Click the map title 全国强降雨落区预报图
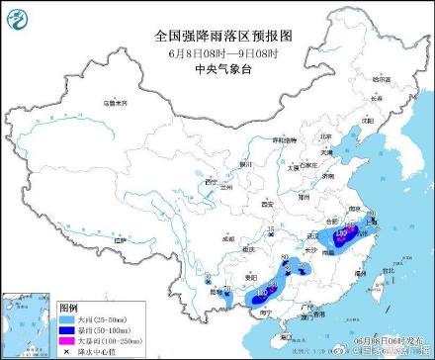(217, 34)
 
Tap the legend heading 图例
(41, 308)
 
